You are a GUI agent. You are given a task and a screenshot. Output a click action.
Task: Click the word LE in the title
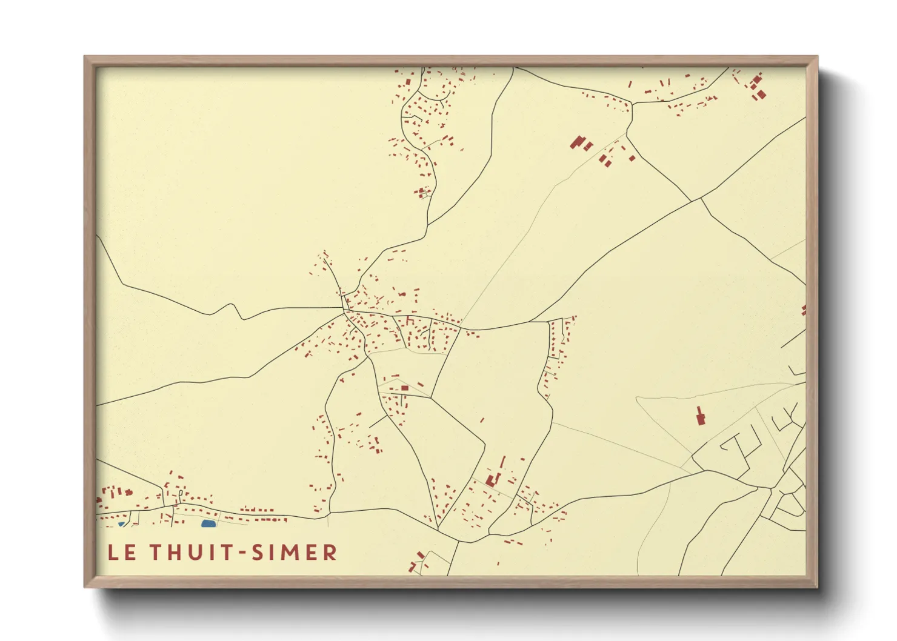(122, 553)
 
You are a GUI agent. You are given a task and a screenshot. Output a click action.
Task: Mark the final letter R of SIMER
(330, 553)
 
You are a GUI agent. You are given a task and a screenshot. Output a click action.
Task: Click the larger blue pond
(208, 523)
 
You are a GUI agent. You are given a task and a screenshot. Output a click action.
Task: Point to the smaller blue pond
(122, 524)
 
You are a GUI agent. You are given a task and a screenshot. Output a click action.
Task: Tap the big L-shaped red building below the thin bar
(491, 481)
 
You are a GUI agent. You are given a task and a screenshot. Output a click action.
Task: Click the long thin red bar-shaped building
(502, 463)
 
